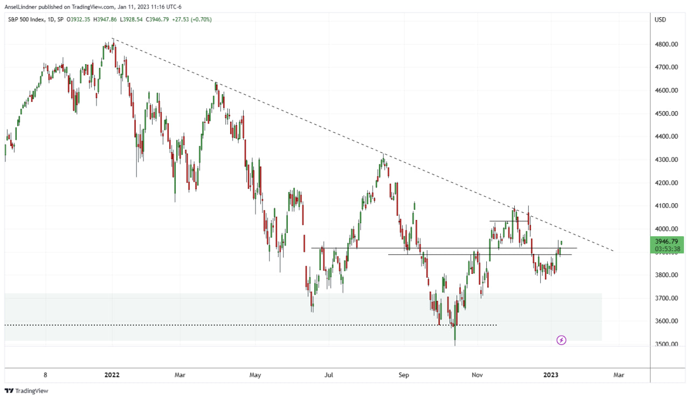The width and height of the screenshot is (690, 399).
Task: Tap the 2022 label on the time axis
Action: [112, 375]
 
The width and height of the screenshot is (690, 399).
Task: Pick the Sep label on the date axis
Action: [404, 375]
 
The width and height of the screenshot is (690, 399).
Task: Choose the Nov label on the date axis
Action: [477, 375]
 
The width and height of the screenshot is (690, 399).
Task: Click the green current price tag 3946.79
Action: [668, 241]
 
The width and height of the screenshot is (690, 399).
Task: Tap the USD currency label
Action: [660, 20]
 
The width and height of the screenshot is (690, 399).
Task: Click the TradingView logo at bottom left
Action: [26, 391]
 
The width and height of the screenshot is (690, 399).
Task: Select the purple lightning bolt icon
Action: [561, 340]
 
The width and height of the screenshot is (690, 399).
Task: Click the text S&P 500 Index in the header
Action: [26, 20]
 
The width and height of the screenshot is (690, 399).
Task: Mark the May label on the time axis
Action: [256, 375]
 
